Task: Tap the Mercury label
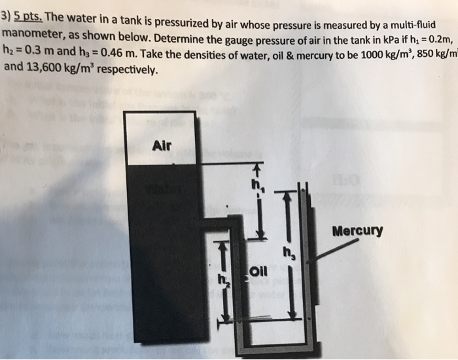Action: [357, 231]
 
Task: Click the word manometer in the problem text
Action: [33, 32]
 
